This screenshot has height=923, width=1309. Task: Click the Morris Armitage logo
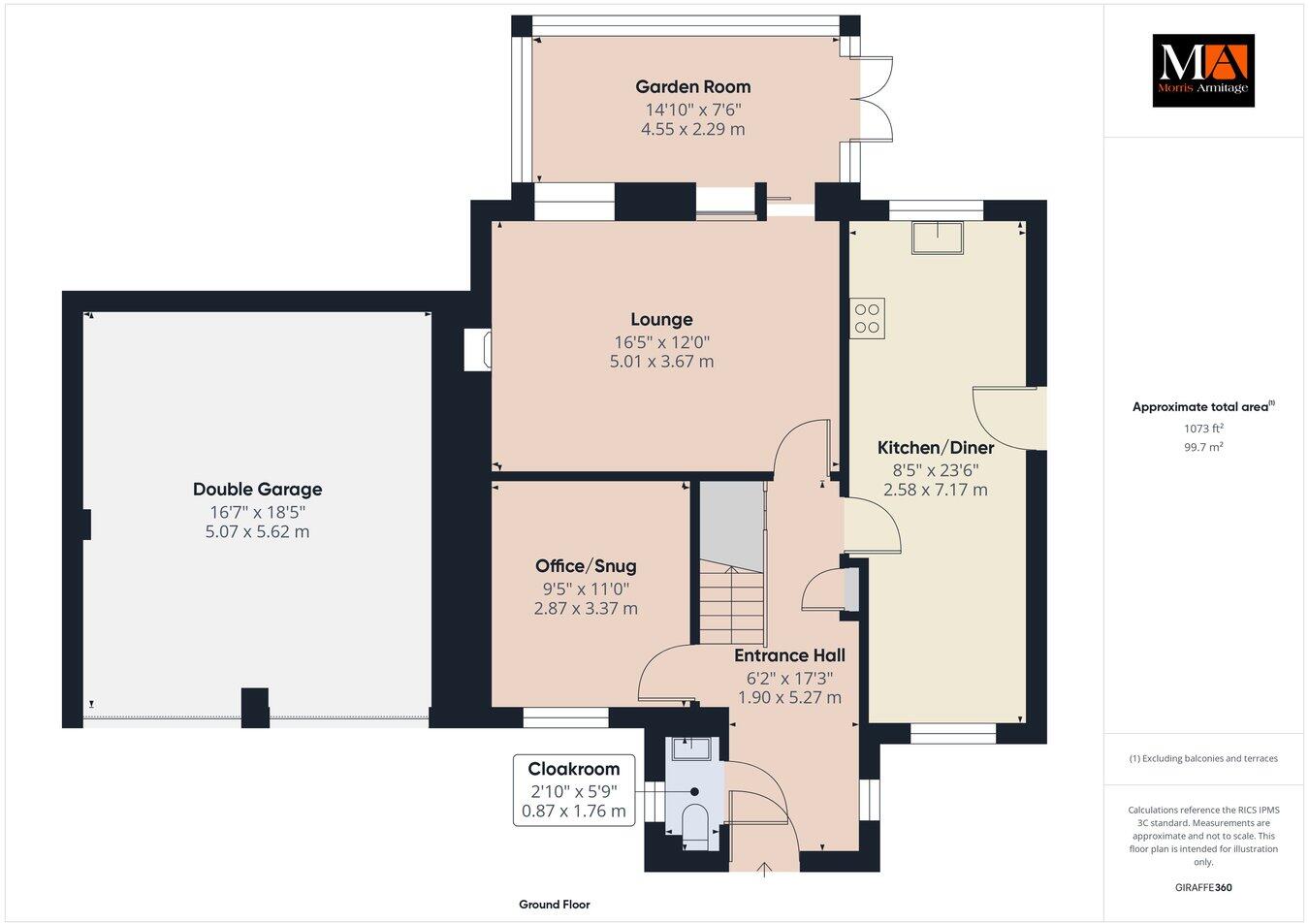point(1202,71)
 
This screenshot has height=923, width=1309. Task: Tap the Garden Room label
point(692,87)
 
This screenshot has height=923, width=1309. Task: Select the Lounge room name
point(661,319)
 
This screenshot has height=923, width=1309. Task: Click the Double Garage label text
point(257,490)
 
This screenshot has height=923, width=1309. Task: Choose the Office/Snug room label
point(586,566)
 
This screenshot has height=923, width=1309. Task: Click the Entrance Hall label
point(789,655)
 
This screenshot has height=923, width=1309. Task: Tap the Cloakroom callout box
point(574,790)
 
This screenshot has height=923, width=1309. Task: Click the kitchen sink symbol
point(938,238)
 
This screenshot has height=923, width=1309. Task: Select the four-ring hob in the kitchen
point(868,318)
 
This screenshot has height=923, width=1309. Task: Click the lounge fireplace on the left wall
point(478,350)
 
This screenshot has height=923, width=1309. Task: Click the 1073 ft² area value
point(1202,428)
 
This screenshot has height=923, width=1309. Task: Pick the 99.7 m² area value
point(1202,447)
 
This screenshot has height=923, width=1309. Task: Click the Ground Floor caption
point(554,905)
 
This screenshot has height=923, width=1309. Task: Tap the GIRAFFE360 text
point(1202,887)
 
